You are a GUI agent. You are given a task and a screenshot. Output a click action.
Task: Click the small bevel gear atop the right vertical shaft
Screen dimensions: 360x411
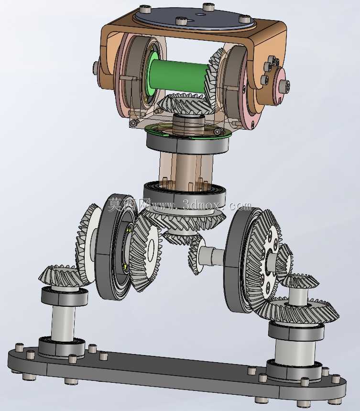pyautogui.click(x=301, y=281)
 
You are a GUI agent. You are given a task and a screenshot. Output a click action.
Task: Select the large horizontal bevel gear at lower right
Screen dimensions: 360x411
pyautogui.click(x=301, y=311)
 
